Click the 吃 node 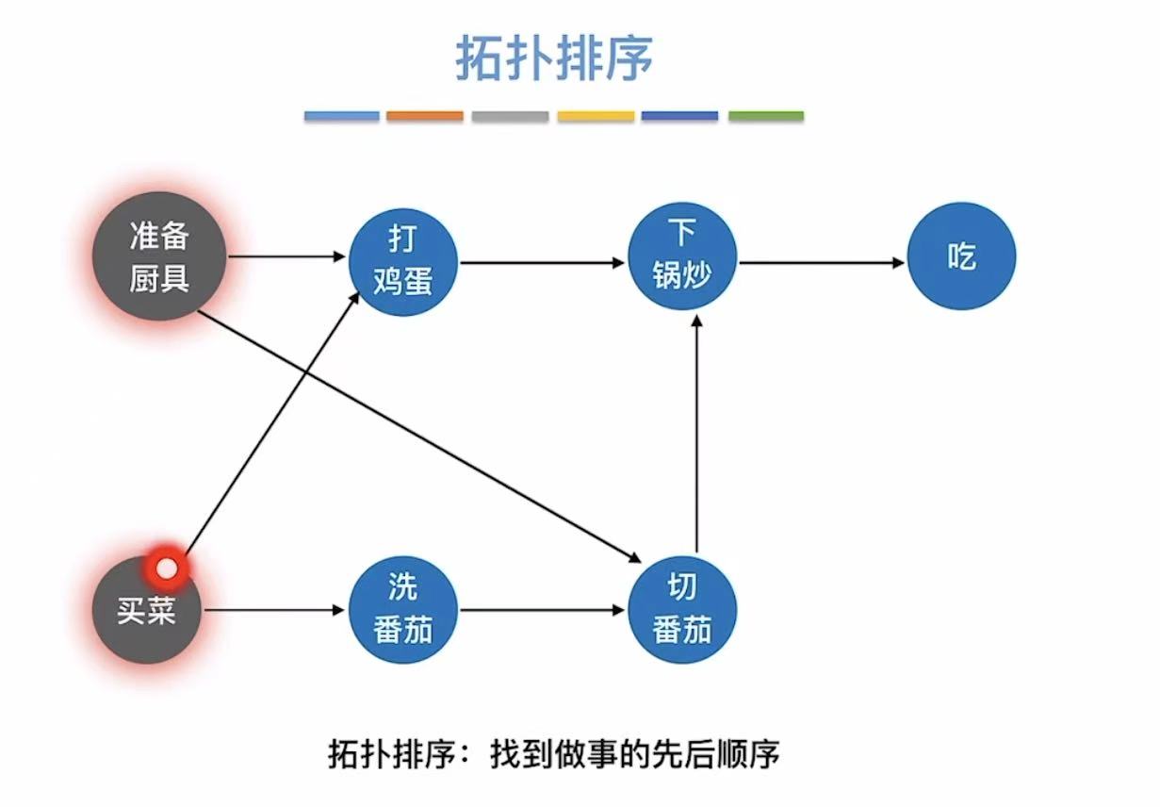coord(961,256)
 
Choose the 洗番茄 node coord(402,610)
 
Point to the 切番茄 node coord(681,610)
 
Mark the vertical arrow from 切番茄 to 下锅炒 coord(695,434)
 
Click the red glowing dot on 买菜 coord(167,568)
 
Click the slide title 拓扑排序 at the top coord(554,58)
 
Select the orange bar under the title coord(425,116)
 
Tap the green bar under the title coord(766,116)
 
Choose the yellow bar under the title coord(596,116)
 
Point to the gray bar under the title coord(510,116)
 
